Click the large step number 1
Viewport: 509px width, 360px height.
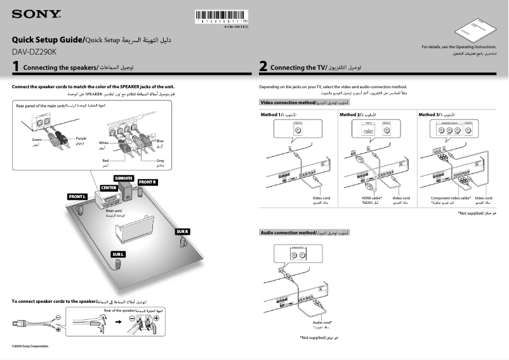pos(15,67)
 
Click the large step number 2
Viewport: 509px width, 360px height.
pos(263,67)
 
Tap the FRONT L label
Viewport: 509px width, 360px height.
pos(77,197)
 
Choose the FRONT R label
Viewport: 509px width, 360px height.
pos(147,182)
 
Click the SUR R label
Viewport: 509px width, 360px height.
pos(183,231)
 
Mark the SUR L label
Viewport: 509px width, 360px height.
pos(118,254)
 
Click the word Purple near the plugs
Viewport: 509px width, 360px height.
pos(81,138)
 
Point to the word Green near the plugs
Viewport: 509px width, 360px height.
pos(37,138)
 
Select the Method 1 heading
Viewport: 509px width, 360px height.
pos(274,114)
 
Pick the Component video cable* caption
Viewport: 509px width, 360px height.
pos(450,198)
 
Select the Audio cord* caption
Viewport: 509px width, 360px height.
pos(322,322)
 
